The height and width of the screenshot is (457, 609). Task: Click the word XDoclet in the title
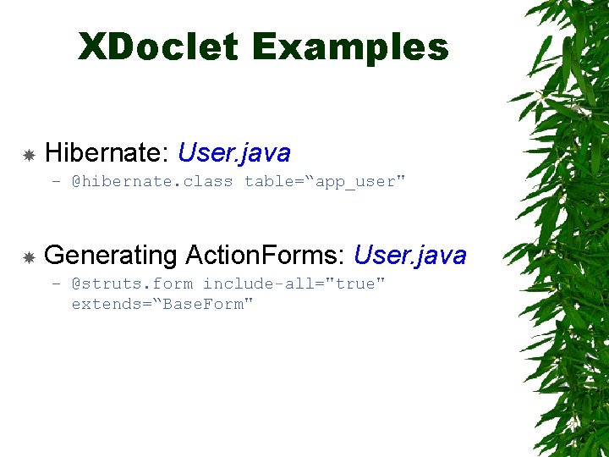158,47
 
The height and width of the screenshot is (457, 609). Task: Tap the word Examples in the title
350,47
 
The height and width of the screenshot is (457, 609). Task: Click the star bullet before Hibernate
28,155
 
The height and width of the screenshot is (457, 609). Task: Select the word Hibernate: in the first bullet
107,153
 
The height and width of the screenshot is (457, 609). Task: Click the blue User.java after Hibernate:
234,153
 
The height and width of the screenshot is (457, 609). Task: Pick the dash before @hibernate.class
56,182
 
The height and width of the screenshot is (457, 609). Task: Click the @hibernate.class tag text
151,182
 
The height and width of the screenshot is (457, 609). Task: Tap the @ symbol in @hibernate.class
76,182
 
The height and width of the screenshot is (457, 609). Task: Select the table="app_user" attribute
325,182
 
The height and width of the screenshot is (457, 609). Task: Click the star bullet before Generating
28,256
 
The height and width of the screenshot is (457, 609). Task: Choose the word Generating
110,255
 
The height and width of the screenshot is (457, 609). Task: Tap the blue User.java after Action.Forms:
409,255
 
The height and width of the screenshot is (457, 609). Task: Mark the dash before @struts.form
56,284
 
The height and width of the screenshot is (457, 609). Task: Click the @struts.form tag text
131,284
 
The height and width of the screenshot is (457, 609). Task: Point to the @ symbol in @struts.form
76,284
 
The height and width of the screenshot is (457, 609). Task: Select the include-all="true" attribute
294,284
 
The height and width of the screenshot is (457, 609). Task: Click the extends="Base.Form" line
162,304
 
